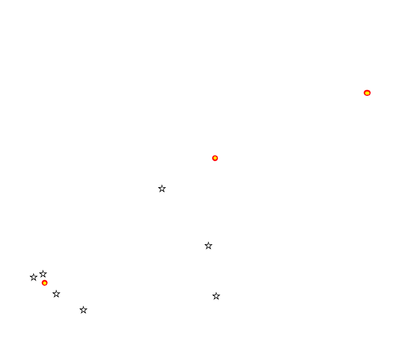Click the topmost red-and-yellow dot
pos(367,93)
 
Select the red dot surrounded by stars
pos(44,283)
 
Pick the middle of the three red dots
pos(215,158)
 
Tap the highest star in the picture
pos(162,189)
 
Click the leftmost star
pos(33,277)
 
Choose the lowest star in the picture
pos(83,310)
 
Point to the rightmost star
pos(216,296)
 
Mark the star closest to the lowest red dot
pos(43,274)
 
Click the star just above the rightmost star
pos(208,246)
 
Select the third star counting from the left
pos(56,294)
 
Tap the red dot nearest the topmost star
pos(215,158)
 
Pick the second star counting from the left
pos(43,274)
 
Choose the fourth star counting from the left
pos(83,310)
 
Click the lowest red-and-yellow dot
pos(44,283)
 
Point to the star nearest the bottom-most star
pos(56,294)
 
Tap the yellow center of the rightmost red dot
pos(367,93)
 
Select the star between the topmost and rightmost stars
pos(208,246)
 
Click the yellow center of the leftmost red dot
pos(44,283)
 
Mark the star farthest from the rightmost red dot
pos(33,277)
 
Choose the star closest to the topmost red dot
pos(208,246)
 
